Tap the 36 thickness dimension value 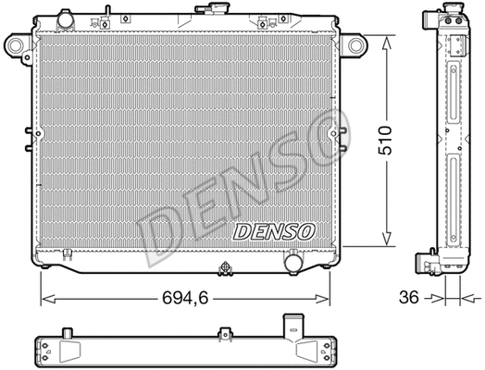coord(407,299)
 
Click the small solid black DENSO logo coord(273,230)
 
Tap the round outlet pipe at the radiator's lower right coord(294,264)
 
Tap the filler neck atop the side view coord(453,18)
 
